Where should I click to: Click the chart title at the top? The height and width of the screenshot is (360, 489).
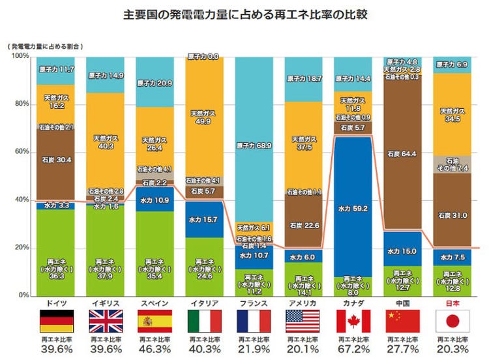244,14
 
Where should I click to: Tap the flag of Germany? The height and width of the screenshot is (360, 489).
56,321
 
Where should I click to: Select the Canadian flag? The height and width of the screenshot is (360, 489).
352,321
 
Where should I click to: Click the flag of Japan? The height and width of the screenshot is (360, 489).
451,321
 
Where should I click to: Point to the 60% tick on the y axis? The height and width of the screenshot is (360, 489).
21,152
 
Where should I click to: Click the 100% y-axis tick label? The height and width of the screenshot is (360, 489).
20,57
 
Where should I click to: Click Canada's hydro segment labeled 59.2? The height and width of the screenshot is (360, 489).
352,209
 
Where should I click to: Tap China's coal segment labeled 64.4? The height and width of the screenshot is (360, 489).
402,155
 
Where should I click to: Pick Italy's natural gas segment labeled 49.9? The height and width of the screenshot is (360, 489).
203,117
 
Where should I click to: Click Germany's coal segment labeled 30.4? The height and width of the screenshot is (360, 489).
55,158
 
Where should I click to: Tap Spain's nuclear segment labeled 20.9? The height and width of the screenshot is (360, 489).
155,83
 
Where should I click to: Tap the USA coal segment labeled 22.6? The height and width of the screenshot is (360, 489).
303,225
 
